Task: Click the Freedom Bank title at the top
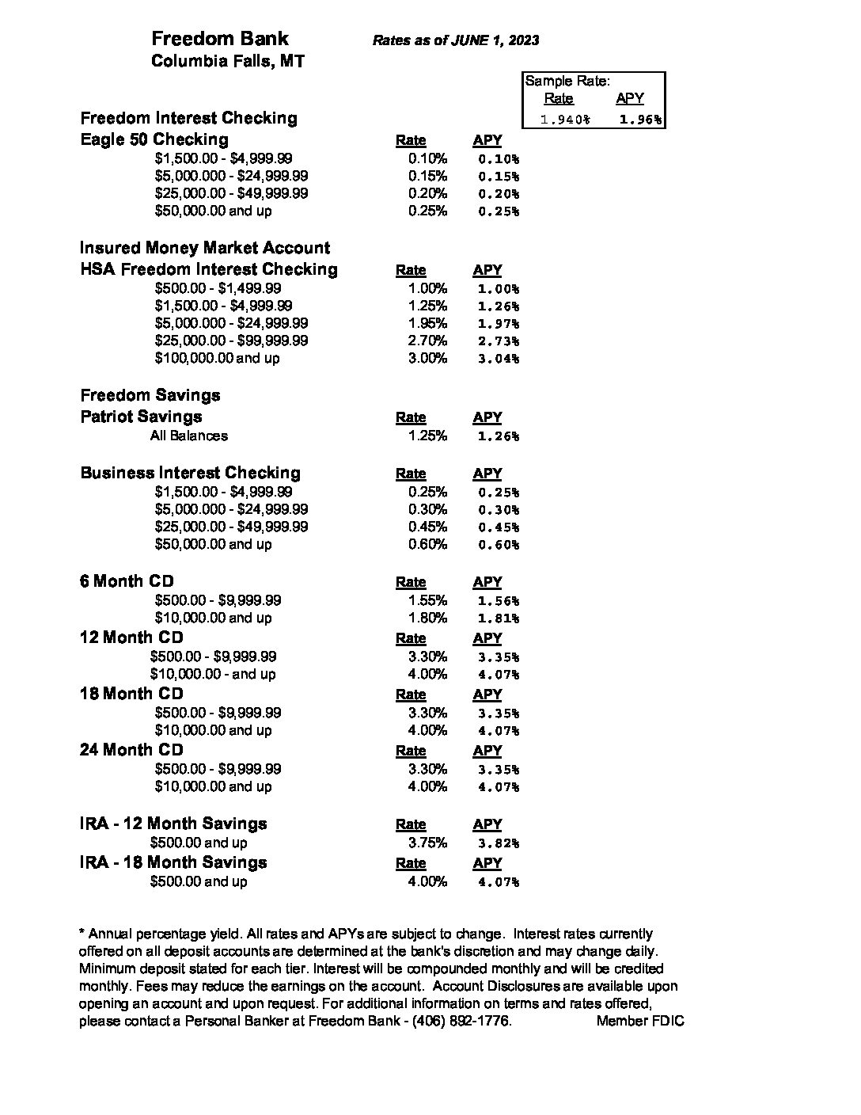(x=219, y=39)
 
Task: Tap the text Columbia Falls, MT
(x=227, y=61)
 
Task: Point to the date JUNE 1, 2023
(x=495, y=40)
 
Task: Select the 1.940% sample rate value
(x=564, y=120)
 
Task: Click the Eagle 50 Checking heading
(x=154, y=139)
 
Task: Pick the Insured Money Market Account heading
(x=205, y=248)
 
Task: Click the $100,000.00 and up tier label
(x=217, y=358)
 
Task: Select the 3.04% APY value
(x=499, y=359)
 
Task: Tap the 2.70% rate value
(x=427, y=341)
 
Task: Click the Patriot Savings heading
(x=141, y=417)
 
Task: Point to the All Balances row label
(x=189, y=436)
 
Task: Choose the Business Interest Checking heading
(x=191, y=473)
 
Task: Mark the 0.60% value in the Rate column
(x=427, y=544)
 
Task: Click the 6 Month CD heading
(x=127, y=581)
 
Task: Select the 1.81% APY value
(x=499, y=618)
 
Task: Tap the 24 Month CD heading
(x=131, y=750)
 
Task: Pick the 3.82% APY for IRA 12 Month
(x=499, y=843)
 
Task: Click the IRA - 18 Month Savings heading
(x=173, y=862)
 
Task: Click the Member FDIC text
(x=640, y=1022)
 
